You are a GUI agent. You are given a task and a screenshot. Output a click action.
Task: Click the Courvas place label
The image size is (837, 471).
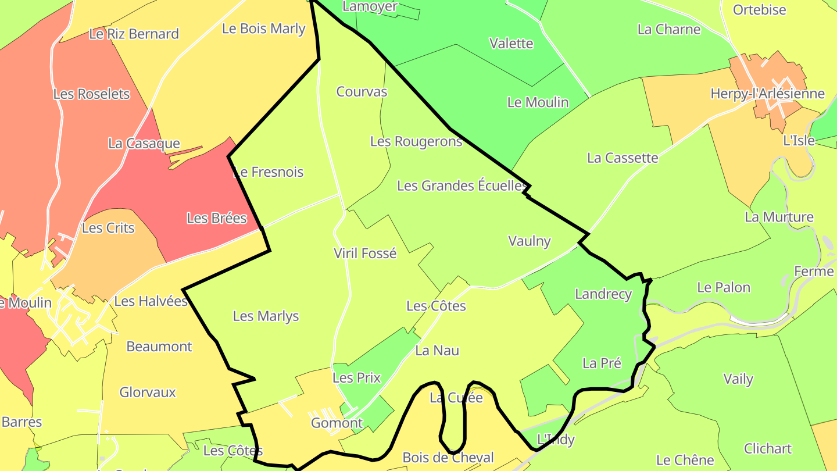coord(362,91)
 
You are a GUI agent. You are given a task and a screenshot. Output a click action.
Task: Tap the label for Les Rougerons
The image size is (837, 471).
coord(416,141)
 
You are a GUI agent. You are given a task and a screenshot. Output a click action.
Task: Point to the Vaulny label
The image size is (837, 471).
coord(529,241)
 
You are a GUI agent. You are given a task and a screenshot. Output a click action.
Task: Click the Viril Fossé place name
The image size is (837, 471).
coord(365,253)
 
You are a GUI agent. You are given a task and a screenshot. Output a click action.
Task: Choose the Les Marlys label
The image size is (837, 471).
coord(266,316)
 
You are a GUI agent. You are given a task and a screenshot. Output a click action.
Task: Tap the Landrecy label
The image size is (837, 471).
coord(603,294)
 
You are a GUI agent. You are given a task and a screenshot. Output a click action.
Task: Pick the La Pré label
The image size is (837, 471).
coord(602,363)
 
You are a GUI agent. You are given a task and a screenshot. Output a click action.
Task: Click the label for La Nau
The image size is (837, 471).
coord(437,350)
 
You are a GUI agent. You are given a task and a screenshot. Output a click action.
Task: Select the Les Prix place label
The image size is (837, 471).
coord(356,377)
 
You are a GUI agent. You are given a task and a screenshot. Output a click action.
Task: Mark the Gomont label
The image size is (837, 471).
coord(337,423)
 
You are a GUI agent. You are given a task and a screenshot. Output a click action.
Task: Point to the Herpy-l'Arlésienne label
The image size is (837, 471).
coord(767,94)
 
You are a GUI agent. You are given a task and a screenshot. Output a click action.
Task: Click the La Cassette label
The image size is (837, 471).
coord(623,158)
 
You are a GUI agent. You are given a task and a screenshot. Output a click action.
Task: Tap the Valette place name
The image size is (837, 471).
coord(511,43)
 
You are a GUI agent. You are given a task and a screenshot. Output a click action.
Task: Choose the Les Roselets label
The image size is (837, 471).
coord(91,94)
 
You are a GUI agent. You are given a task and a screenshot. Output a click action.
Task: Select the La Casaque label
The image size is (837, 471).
coord(144,143)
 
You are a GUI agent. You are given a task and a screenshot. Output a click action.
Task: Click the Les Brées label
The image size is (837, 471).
coord(216,218)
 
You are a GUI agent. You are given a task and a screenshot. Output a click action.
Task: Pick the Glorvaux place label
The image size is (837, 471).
coord(148,392)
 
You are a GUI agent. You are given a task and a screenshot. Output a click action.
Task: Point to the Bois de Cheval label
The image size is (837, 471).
coord(448,458)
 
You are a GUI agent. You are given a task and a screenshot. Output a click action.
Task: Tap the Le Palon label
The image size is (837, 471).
coord(724,287)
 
